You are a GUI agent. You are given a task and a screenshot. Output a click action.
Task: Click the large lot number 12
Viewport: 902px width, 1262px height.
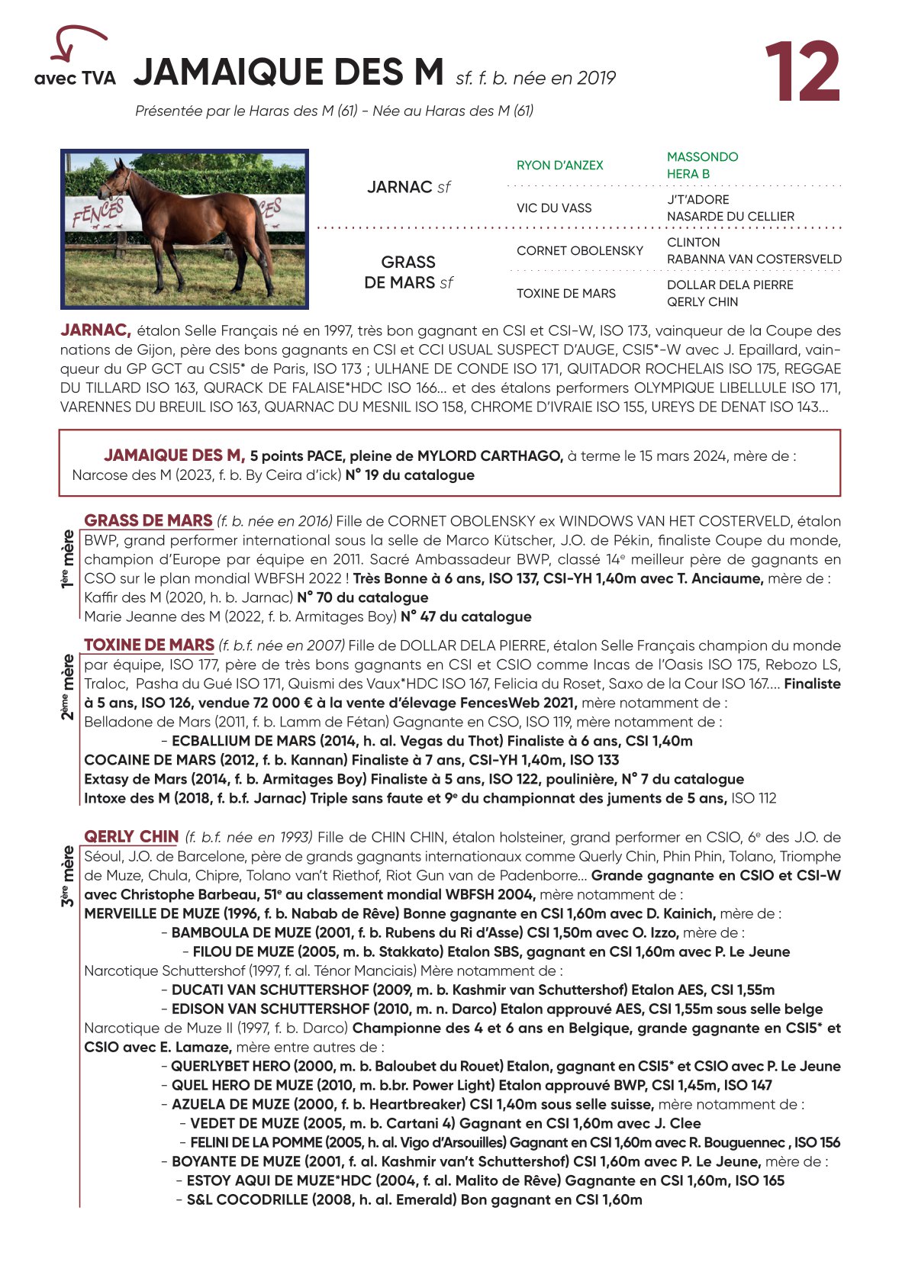[802, 72]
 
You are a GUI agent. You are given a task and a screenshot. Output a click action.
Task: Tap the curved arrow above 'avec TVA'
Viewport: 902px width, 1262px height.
[76, 42]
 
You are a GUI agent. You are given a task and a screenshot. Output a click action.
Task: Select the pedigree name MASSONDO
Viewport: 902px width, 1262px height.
[702, 156]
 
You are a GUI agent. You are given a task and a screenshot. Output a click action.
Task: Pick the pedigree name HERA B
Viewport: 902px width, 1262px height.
[688, 174]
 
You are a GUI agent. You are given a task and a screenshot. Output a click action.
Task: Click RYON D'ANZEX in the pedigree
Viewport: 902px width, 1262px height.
[559, 166]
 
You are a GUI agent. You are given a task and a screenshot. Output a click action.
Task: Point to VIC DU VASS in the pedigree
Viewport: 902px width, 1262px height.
[553, 208]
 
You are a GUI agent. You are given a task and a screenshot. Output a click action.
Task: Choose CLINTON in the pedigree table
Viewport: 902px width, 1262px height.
[693, 242]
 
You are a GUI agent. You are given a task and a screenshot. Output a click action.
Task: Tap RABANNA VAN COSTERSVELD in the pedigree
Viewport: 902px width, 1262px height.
[754, 259]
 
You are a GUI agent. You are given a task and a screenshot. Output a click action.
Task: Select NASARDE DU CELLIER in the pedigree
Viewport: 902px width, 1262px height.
[730, 217]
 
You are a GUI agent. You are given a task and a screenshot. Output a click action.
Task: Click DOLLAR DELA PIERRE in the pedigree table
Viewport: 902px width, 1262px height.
[730, 285]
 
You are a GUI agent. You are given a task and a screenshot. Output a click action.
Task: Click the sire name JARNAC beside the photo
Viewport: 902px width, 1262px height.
[400, 187]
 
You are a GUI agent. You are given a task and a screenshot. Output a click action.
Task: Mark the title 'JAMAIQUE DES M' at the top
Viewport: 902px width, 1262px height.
[288, 72]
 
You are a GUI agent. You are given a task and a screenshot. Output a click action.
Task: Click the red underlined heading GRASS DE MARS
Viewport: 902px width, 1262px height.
[148, 521]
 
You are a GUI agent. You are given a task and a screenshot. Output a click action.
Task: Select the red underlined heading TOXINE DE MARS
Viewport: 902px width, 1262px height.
[149, 645]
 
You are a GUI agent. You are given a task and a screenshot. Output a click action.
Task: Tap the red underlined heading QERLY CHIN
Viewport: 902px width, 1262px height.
[131, 837]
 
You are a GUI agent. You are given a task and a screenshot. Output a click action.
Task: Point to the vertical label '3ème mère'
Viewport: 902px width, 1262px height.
[69, 876]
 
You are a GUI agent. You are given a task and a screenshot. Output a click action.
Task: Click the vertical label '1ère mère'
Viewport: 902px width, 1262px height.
[69, 559]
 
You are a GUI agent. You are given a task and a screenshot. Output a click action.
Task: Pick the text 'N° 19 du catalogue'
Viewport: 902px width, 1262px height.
[410, 475]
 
